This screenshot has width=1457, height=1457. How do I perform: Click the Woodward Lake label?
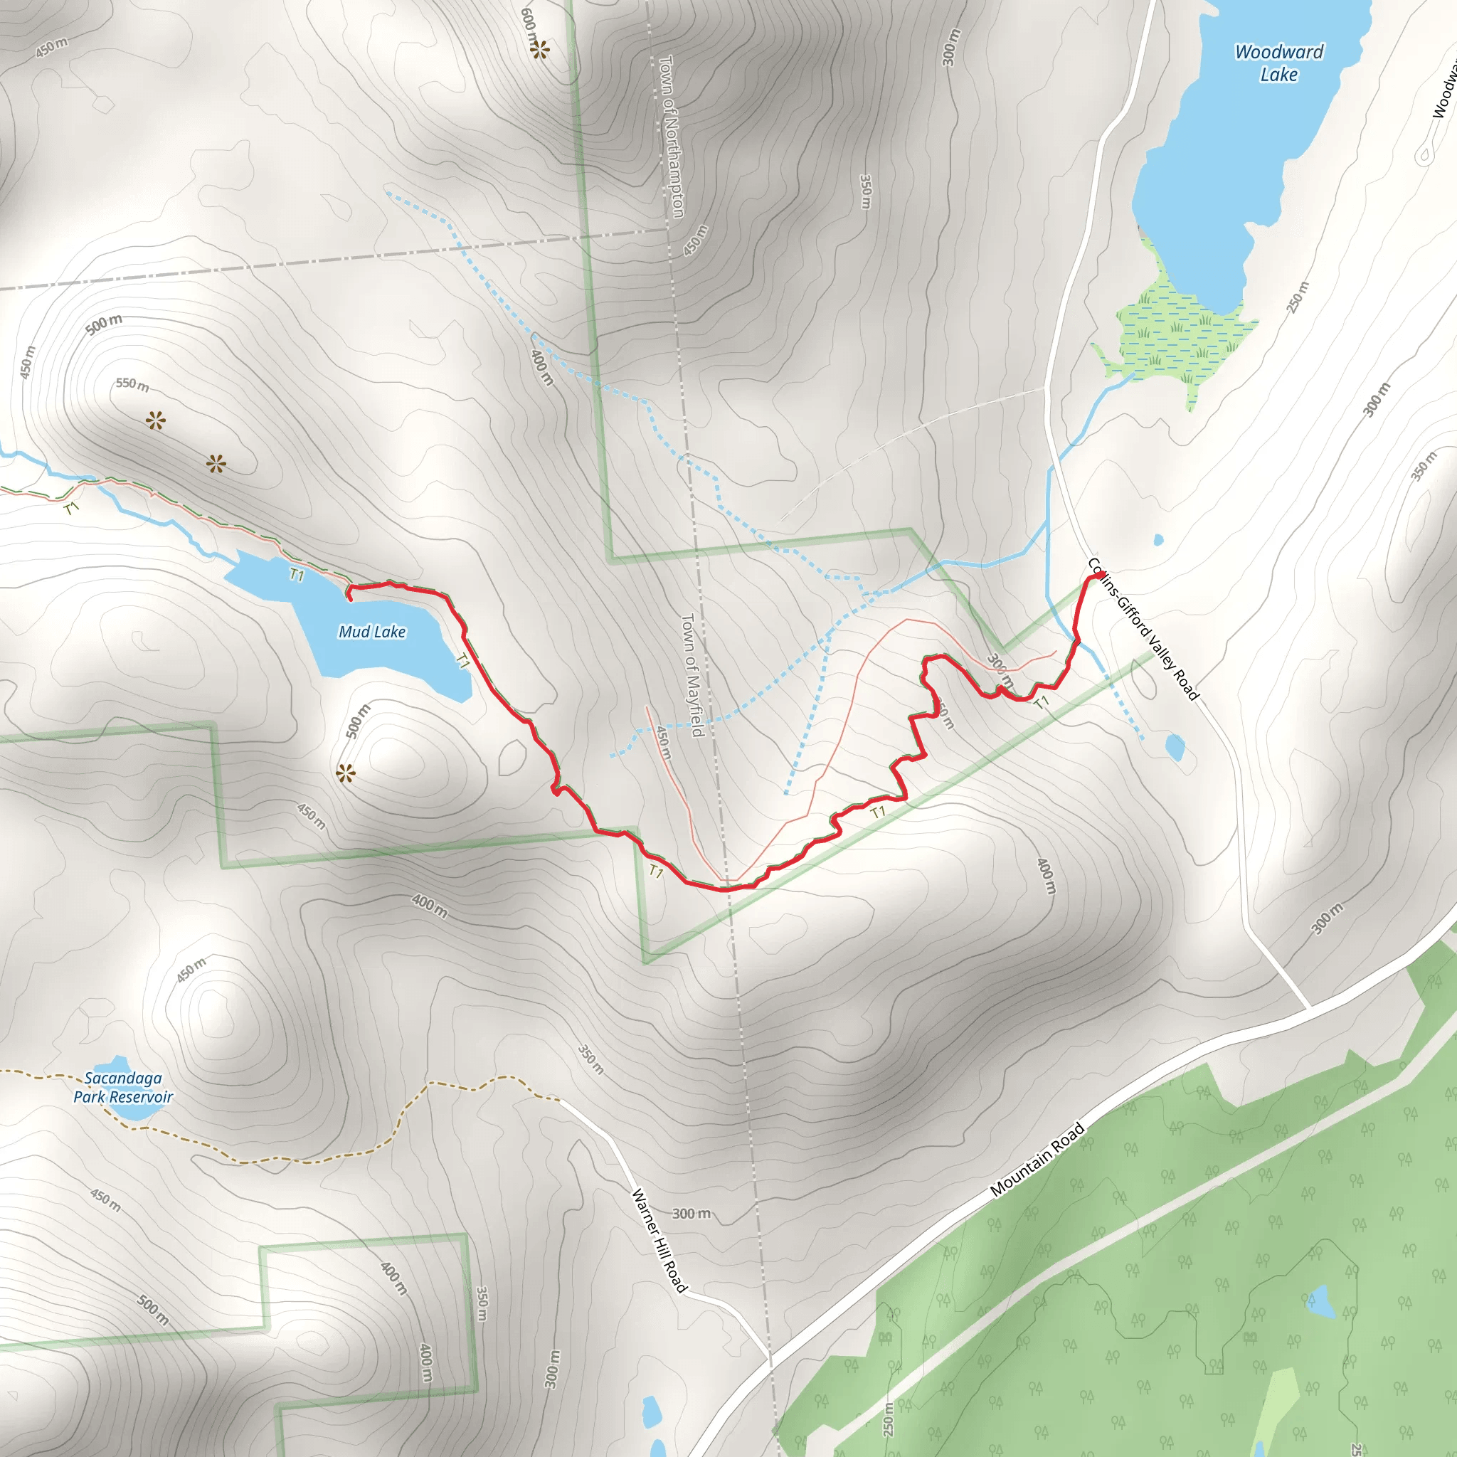coord(1278,63)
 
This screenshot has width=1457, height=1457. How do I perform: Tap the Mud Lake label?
coord(372,631)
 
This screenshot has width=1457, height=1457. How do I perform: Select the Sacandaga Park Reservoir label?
coord(123,1088)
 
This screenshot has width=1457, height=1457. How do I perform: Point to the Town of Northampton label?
coord(671,137)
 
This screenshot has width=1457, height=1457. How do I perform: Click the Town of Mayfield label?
coord(692,675)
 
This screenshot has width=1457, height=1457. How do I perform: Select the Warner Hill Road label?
coord(659,1240)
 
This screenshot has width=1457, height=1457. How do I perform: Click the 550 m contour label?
coord(132,385)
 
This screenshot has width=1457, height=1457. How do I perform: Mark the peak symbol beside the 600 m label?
coord(539,50)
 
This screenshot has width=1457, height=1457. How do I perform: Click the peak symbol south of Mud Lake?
coord(345,773)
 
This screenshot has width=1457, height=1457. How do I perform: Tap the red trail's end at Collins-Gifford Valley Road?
coord(1098,576)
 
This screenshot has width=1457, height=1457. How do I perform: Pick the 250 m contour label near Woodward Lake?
coord(1298,297)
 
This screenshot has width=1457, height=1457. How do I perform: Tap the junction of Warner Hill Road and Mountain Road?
coord(770,1364)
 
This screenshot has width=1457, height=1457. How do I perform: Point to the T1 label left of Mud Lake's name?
coord(297,576)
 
